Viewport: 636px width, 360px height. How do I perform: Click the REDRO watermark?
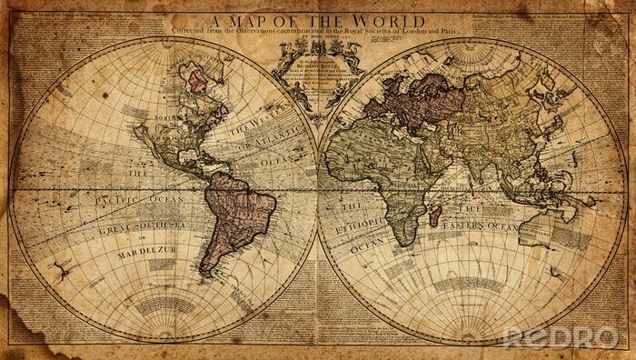tap(561, 336)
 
